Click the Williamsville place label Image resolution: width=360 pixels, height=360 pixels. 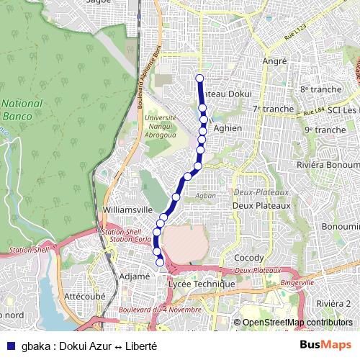pos(128,210)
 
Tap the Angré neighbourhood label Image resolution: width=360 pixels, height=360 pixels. pos(275,62)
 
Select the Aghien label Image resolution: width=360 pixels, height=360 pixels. pos(228,128)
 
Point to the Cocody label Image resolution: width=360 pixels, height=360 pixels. pos(248,258)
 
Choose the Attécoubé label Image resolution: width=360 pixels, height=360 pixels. pos(84,296)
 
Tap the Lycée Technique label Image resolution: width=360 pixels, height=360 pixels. pos(201,284)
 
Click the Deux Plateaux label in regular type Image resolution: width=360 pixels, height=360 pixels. pos(261,205)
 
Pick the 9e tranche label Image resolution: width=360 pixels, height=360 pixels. pos(325,130)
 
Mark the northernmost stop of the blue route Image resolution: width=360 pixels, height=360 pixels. pos(199,78)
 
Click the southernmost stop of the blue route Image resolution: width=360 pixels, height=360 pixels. pos(160,262)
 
